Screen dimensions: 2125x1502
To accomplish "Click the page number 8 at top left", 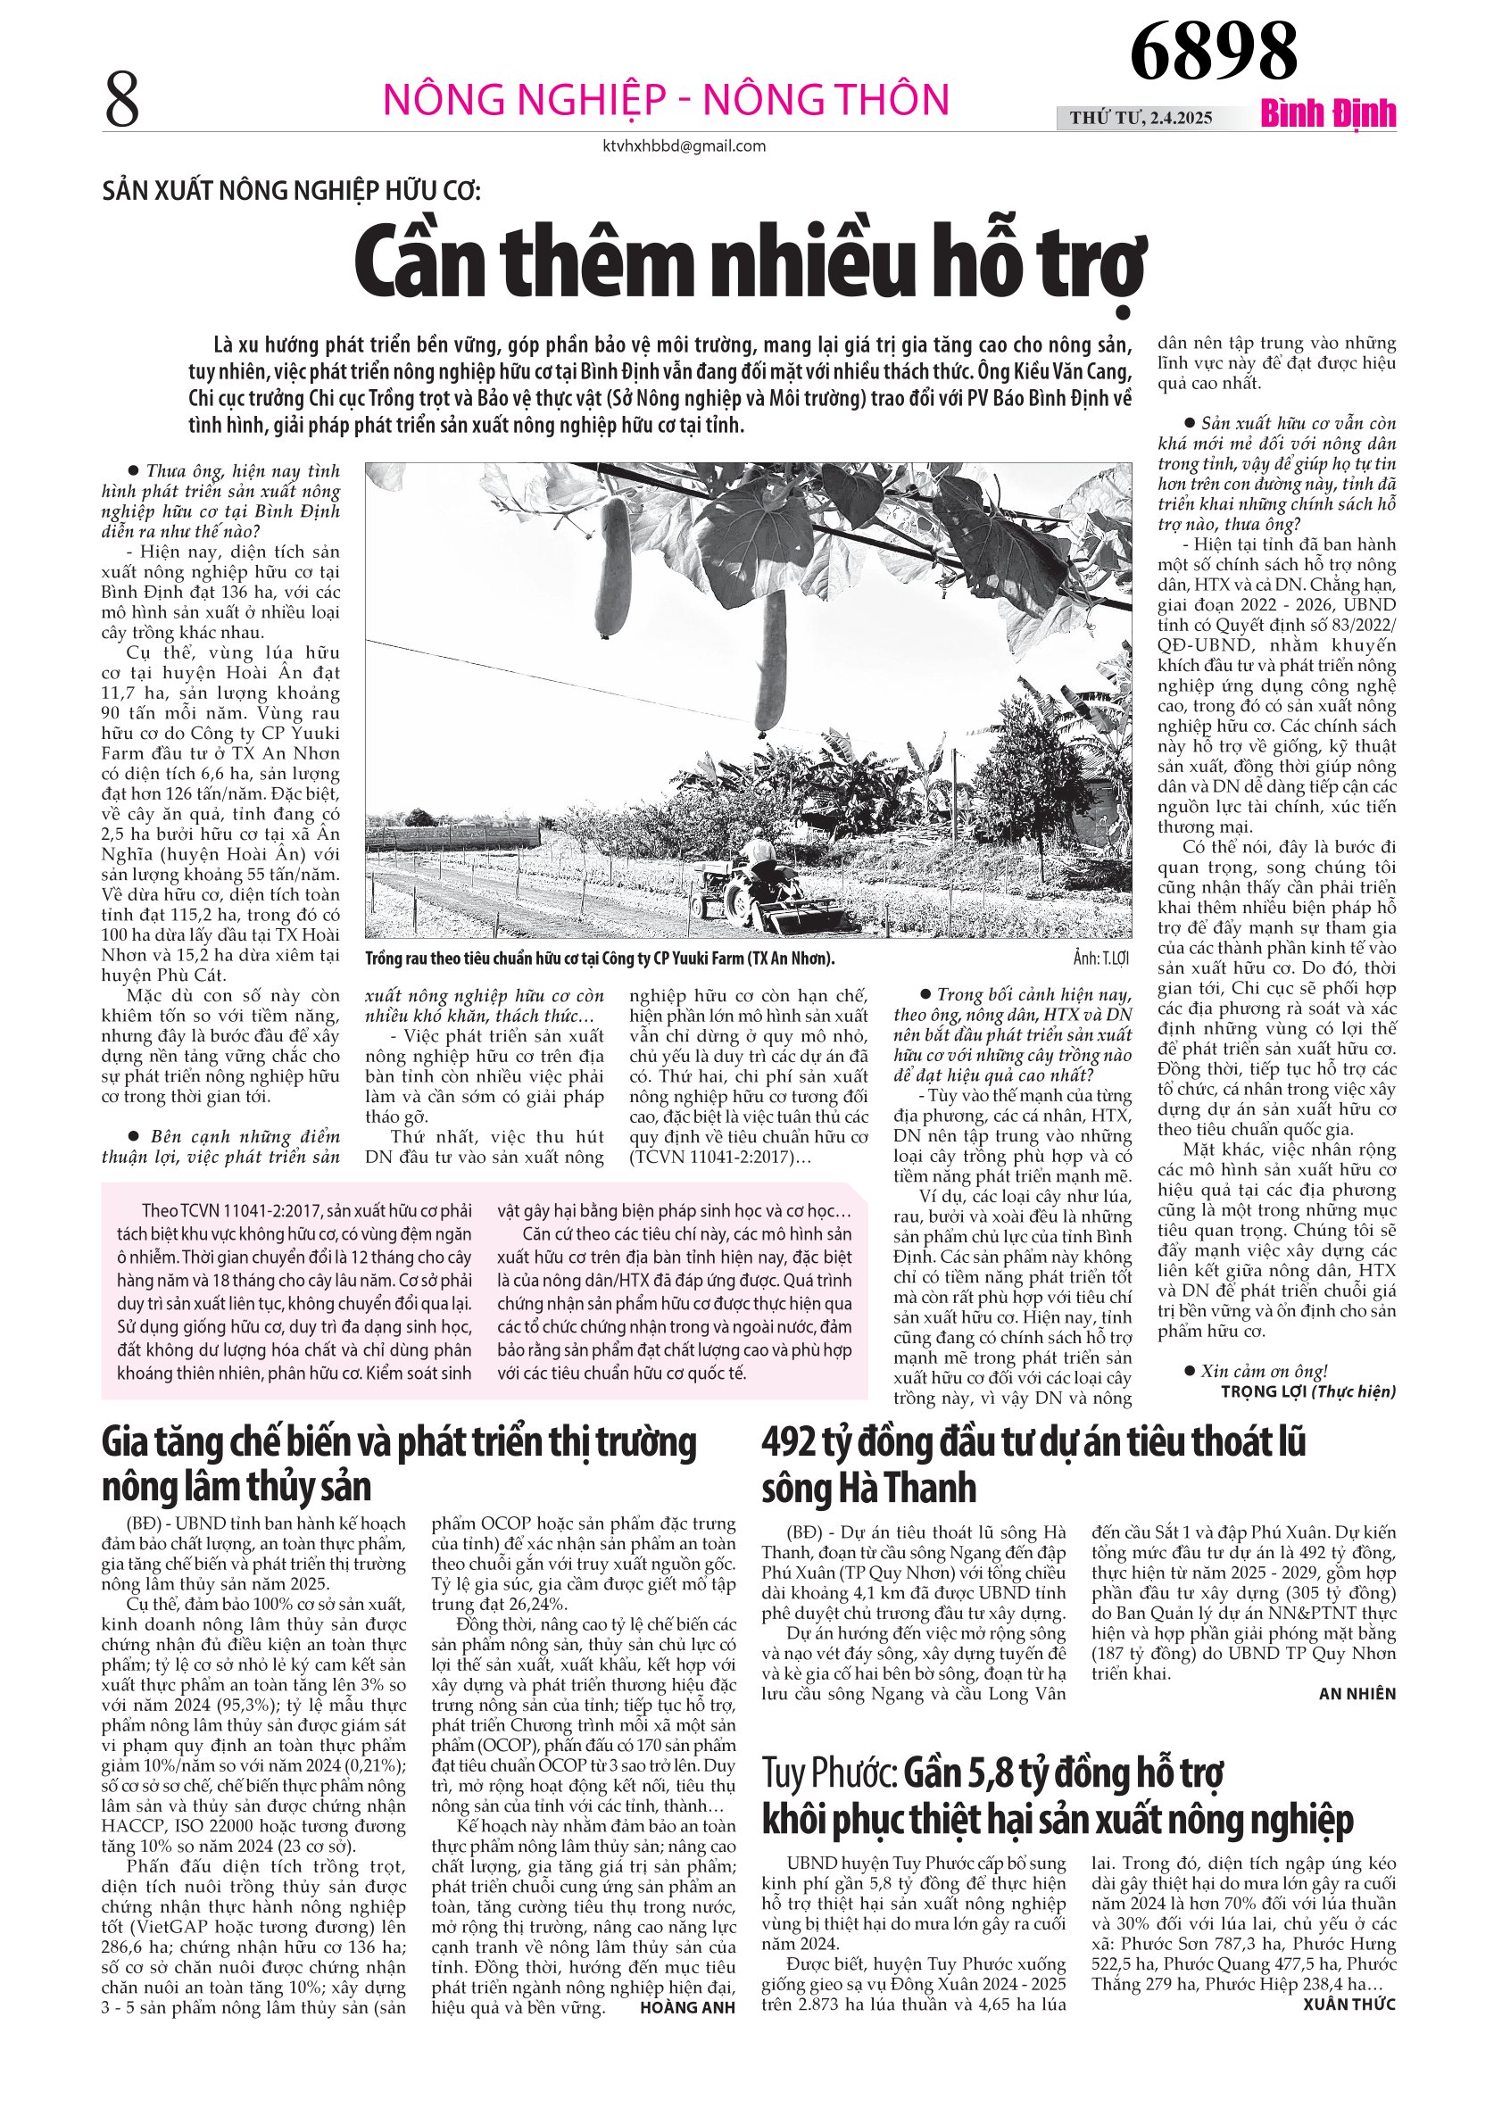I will [122, 100].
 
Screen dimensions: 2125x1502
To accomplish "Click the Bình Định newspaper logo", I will [1328, 115].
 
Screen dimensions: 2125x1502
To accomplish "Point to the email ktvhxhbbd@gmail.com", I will [684, 146].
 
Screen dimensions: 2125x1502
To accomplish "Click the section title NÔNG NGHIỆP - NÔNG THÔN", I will [667, 100].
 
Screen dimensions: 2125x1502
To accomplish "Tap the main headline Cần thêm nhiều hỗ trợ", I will [750, 265].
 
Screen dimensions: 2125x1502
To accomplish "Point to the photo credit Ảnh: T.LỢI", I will [1102, 959].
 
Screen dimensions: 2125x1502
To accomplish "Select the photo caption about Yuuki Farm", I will [600, 959].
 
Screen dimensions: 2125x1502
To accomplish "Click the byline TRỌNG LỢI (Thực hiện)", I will [1307, 1391].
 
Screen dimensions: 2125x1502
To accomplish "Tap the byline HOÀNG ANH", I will [687, 2007].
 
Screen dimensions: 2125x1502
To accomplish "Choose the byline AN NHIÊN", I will [1357, 1694].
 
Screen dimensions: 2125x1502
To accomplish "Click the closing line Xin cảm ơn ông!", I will [1262, 1371].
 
